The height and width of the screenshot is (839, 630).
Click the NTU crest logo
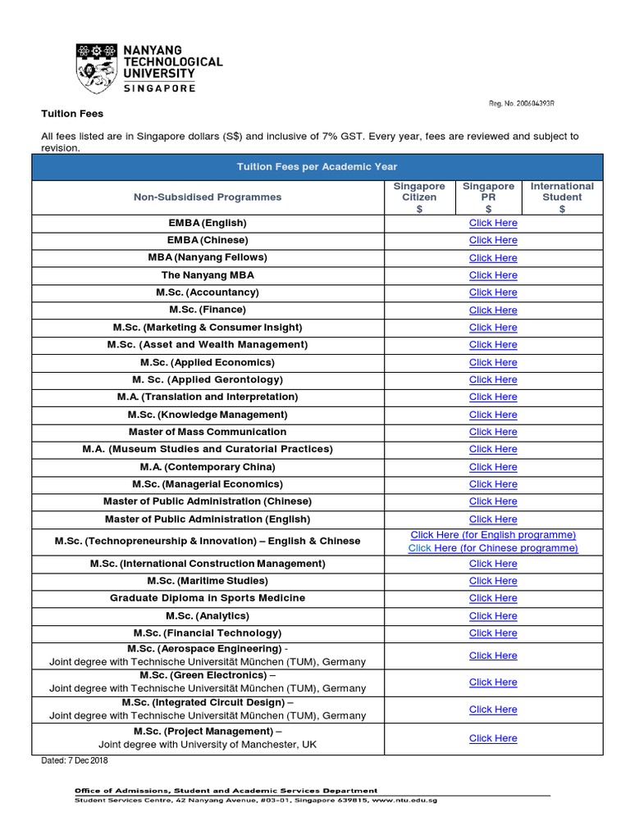(97, 68)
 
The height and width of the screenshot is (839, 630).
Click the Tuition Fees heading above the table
(73, 113)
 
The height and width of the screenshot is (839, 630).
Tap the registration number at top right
(522, 103)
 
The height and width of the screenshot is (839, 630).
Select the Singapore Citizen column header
(419, 197)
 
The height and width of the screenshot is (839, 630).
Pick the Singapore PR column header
(489, 197)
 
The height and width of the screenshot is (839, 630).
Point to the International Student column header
(562, 197)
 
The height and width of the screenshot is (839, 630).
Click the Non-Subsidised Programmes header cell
(208, 197)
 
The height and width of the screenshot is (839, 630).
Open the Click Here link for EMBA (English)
(493, 223)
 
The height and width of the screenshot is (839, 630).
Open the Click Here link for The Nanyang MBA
(493, 275)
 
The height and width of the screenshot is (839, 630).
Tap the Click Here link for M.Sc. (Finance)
(493, 310)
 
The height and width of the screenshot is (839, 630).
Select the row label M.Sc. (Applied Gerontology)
(208, 379)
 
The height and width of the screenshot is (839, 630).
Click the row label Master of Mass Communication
(208, 432)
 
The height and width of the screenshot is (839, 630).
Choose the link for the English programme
(493, 535)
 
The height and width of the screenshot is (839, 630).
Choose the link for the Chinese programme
(493, 548)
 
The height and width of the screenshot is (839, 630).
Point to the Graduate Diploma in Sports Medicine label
(208, 598)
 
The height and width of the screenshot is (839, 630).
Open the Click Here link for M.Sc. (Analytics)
(493, 616)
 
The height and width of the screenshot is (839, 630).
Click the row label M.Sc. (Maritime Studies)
(208, 581)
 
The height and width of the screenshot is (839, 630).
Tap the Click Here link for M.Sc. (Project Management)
(493, 738)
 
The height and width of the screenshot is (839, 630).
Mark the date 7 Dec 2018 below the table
(75, 761)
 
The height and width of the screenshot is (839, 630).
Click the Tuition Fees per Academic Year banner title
(317, 167)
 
